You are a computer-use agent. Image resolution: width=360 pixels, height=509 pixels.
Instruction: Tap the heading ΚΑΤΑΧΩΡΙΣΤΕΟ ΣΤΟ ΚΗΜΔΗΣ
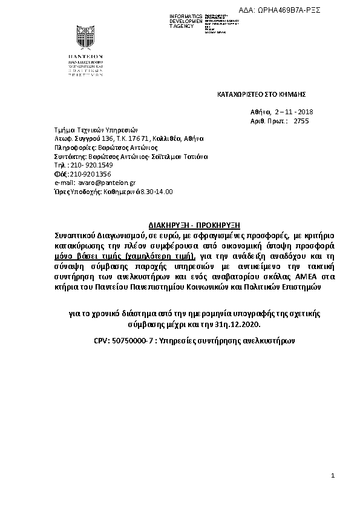point(262,94)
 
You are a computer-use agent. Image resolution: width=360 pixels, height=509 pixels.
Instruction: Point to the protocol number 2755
point(301,121)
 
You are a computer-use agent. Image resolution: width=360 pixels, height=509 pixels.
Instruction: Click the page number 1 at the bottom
point(333,476)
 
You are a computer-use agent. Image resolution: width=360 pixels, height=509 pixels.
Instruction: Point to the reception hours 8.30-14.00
point(156,191)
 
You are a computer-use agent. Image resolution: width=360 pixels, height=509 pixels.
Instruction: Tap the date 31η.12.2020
point(241,325)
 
